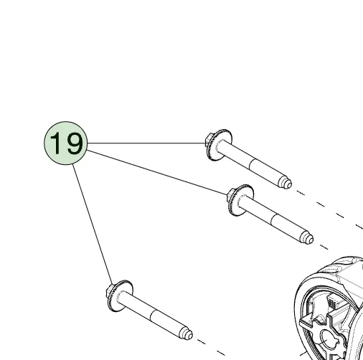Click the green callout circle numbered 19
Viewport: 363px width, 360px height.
point(66,143)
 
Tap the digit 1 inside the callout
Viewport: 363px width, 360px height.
point(56,143)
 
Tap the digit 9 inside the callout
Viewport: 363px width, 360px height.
point(75,143)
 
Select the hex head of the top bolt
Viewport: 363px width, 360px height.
point(209,140)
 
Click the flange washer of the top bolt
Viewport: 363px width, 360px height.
point(220,145)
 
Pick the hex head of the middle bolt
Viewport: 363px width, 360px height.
point(231,195)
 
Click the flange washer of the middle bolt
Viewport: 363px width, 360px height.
point(241,200)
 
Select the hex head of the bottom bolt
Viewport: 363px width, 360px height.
point(110,290)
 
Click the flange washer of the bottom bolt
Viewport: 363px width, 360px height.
point(121,295)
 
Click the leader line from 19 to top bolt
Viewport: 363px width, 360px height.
point(146,143)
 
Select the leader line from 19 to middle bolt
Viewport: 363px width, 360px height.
point(157,172)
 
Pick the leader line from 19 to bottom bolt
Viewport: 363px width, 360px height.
point(93,224)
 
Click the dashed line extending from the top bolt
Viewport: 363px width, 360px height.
point(329,209)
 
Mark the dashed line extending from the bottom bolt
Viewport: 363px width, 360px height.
point(211,347)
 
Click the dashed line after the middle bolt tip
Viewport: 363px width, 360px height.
point(324,247)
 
